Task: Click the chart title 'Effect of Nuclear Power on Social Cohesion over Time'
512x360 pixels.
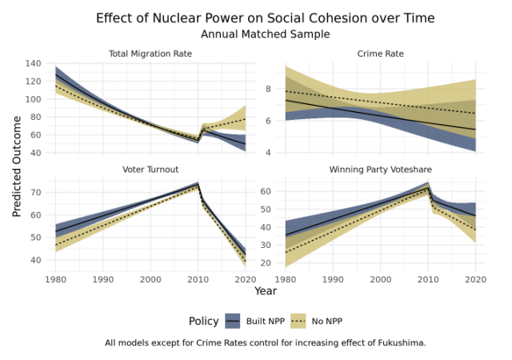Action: (x=265, y=18)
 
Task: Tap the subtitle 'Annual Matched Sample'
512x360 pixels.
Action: (x=265, y=34)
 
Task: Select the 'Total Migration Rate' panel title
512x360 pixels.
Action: (x=150, y=54)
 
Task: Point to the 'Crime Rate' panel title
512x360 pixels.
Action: (x=380, y=54)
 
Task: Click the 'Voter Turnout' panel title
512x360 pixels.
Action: (x=150, y=170)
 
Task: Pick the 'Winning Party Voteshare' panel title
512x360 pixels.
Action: (x=380, y=170)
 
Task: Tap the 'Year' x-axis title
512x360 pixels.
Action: (x=265, y=291)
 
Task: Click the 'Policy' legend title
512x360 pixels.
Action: (x=204, y=321)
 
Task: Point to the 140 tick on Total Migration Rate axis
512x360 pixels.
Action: (x=34, y=63)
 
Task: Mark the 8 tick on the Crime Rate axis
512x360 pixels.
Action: (x=270, y=89)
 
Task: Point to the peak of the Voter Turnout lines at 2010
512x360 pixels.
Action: (x=198, y=185)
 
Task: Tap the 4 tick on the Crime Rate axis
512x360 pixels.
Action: (x=270, y=152)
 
